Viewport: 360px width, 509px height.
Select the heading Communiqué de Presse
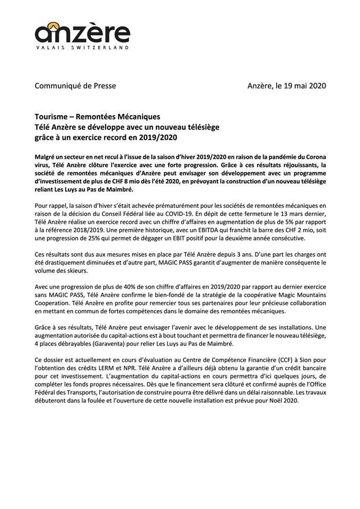[x=75, y=85]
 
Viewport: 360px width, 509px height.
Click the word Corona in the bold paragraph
[x=313, y=159]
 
